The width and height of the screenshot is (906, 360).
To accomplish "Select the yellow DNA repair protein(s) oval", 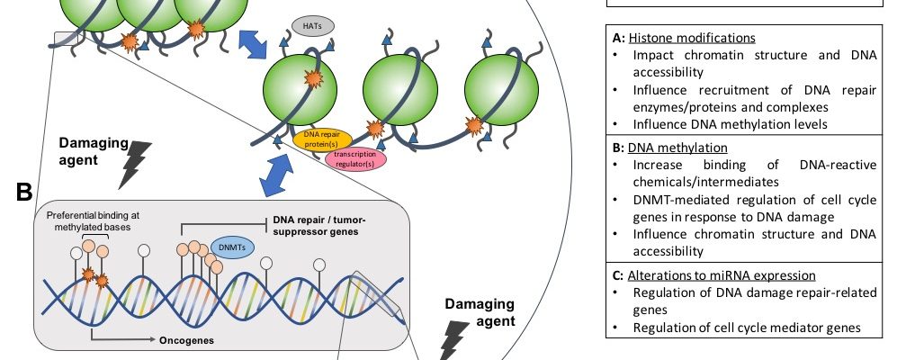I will tap(321, 139).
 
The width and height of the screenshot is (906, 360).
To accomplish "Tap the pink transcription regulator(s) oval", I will tap(355, 159).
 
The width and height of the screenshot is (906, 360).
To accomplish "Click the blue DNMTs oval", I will tap(232, 246).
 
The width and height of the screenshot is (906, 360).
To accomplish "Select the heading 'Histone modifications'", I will tap(691, 39).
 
